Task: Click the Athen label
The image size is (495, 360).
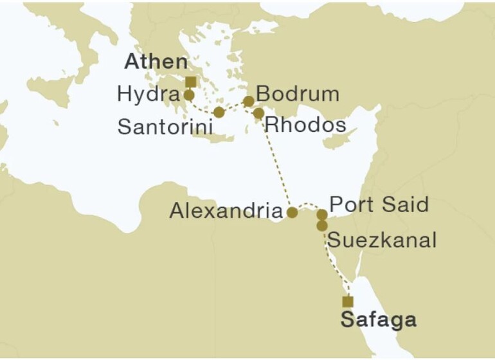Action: tap(156, 62)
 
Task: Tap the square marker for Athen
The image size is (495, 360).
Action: tap(190, 82)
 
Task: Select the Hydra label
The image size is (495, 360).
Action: tap(147, 94)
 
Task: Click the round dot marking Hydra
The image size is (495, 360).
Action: tap(189, 96)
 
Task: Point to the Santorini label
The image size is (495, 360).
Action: tap(165, 127)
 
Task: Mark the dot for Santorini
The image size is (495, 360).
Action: tap(219, 113)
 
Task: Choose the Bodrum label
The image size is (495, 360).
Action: tap(297, 94)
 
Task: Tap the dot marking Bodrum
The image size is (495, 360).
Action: tap(248, 101)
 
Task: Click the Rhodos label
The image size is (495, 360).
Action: tap(305, 125)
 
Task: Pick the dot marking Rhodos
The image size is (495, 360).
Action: tap(258, 114)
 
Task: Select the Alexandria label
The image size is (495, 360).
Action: tap(226, 211)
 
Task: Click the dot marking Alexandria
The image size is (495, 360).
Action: tap(291, 212)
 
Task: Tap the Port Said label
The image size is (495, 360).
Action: tap(378, 204)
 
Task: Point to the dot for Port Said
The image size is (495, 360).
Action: tap(322, 215)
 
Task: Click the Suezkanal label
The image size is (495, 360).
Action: tap(382, 240)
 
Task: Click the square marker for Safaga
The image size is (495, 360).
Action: tap(348, 301)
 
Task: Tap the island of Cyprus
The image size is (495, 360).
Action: tap(341, 139)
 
